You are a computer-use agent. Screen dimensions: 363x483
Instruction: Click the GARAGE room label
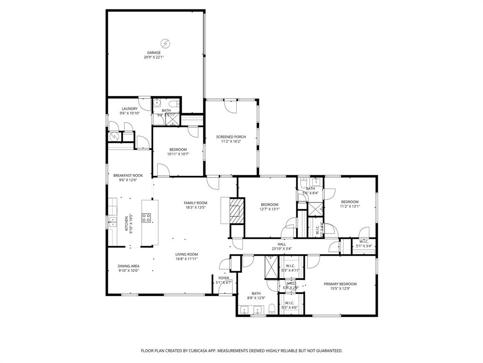154,52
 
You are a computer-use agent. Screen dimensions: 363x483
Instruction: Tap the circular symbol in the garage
166,43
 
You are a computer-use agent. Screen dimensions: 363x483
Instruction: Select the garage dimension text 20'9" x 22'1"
154,57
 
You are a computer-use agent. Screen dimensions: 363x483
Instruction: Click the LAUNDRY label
129,109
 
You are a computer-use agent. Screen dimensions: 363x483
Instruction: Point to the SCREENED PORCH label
231,137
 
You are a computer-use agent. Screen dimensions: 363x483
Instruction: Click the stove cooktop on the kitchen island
147,217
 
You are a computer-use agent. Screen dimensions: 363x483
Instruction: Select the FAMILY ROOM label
195,203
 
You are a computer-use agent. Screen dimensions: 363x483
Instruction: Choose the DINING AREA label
128,266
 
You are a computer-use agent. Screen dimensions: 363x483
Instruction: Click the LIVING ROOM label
186,254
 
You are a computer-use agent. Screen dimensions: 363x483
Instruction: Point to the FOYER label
224,278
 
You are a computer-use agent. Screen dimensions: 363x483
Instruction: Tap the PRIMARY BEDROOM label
340,284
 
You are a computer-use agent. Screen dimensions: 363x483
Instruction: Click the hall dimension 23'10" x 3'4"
282,249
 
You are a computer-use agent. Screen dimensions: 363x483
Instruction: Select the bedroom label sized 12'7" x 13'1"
269,205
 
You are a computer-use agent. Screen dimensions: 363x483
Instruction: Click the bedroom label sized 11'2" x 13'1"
350,202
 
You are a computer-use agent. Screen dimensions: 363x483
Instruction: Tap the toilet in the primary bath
272,310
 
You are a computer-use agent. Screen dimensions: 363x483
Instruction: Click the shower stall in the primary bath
271,267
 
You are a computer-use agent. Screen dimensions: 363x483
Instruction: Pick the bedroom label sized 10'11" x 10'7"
178,149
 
